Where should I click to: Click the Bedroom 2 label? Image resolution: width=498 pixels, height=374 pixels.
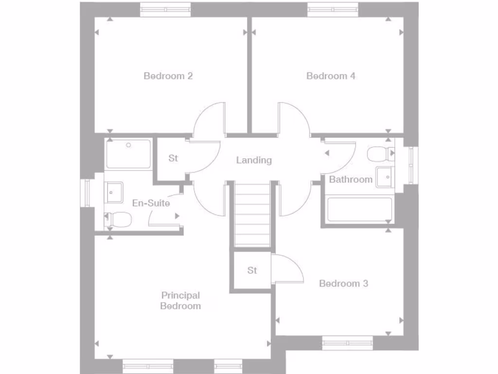click(168, 76)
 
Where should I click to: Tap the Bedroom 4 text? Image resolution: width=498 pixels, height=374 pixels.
click(331, 76)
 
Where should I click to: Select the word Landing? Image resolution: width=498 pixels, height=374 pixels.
click(254, 160)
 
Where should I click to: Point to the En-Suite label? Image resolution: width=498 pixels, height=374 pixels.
click(151, 203)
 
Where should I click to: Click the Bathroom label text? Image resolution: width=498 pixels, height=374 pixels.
click(351, 180)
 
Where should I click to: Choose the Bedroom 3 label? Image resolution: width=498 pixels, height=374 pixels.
click(343, 283)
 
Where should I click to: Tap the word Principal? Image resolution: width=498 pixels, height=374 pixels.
click(180, 295)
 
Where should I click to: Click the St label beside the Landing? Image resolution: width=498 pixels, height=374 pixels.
click(173, 158)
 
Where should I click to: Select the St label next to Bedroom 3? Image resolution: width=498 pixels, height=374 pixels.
click(252, 270)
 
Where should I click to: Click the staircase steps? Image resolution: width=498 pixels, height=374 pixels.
click(252, 214)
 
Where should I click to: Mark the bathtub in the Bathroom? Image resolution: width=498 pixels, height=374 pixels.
click(360, 210)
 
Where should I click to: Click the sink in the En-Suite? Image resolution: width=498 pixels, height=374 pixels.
click(115, 192)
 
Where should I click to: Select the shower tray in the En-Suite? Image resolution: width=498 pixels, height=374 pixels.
click(128, 154)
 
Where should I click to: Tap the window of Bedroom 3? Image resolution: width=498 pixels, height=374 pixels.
click(348, 343)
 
